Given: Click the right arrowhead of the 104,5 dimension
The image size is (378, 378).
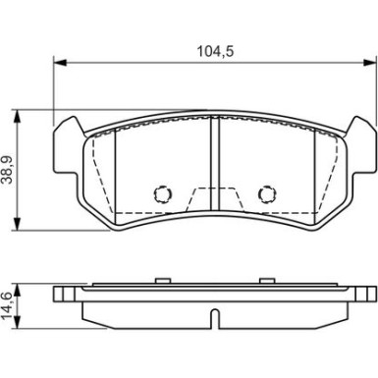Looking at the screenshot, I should (x=371, y=65).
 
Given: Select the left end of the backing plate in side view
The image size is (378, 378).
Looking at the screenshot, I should (x=58, y=294).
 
